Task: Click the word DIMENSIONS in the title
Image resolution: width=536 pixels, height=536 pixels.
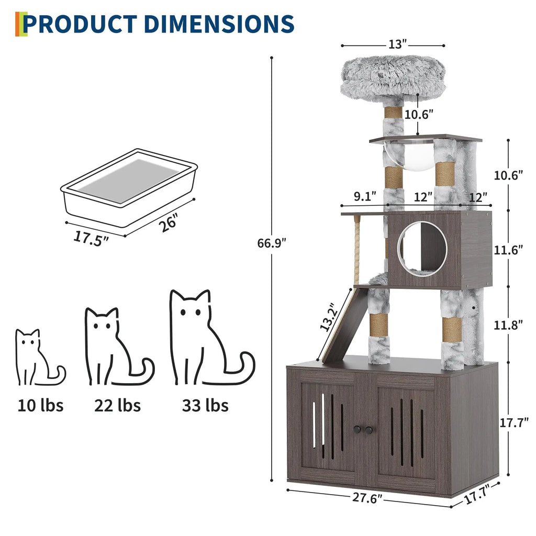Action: pos(218,24)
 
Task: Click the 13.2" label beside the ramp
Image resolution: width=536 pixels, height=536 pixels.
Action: pos(328,317)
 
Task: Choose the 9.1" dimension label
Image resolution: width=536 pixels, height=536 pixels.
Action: pos(365,196)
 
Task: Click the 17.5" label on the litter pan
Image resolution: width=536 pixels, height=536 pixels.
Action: pos(91,237)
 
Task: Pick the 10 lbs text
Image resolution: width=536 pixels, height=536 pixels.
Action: pos(40,405)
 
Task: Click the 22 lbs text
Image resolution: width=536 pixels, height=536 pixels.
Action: pos(117,405)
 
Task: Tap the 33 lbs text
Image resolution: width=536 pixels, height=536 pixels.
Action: pos(205,405)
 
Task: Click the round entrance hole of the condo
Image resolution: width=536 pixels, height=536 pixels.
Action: pos(422,249)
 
